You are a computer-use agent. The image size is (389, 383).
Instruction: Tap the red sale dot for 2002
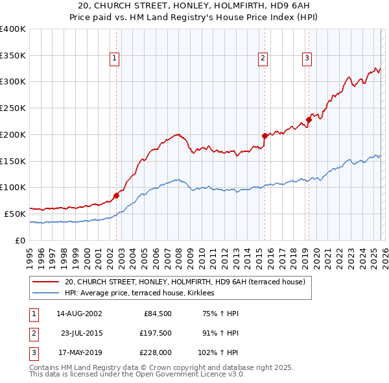pyautogui.click(x=116, y=195)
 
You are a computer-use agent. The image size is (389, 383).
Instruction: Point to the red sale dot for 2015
pyautogui.click(x=265, y=136)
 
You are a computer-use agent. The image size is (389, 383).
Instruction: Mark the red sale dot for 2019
pyautogui.click(x=309, y=119)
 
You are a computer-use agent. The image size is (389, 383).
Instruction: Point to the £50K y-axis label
pyautogui.click(x=14, y=214)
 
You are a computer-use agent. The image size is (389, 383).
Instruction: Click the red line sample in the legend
pyautogui.click(x=46, y=282)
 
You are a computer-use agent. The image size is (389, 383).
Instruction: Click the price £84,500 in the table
pyautogui.click(x=156, y=313)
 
